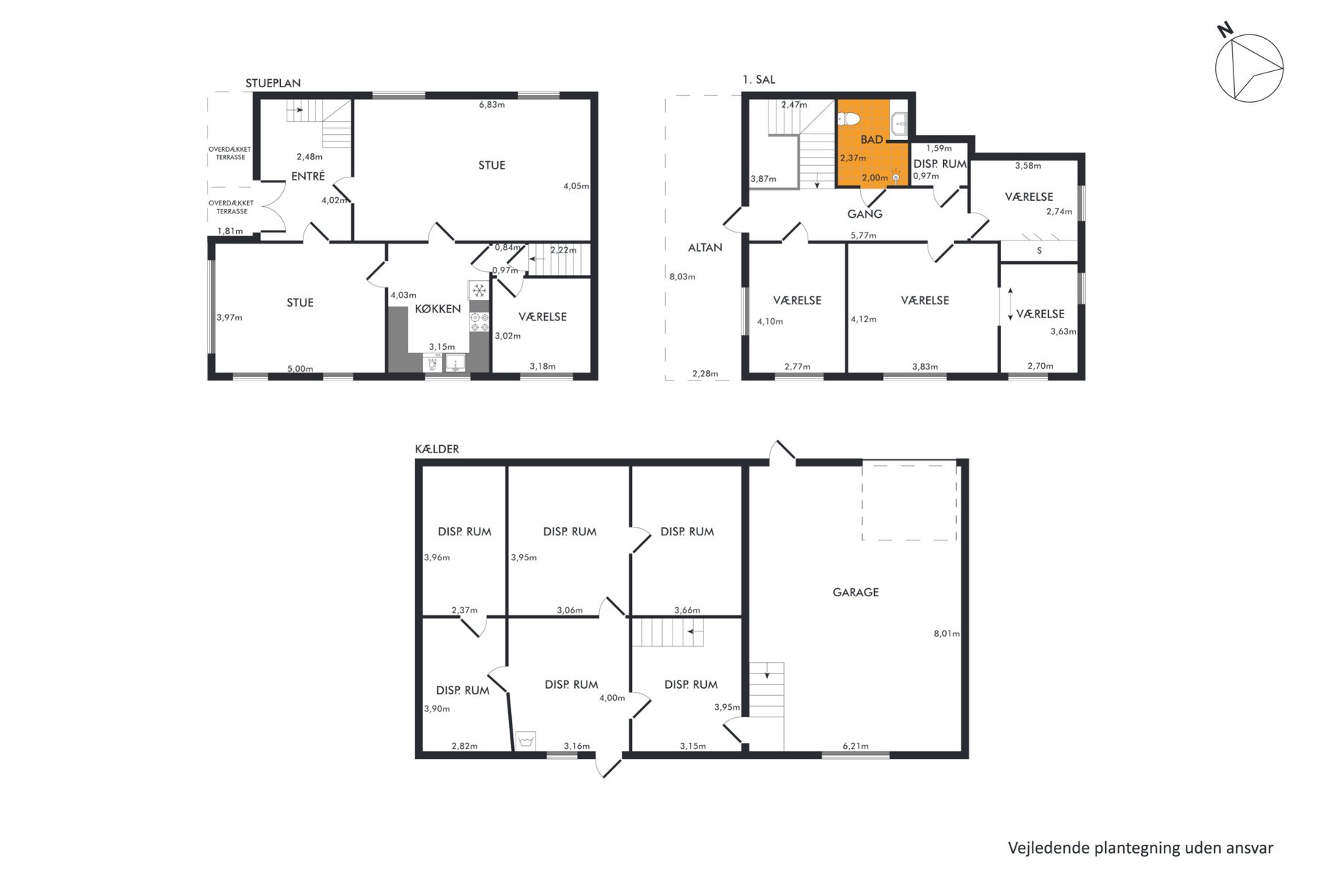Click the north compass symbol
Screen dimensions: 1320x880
1249,67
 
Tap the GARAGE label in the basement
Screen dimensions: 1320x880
855,592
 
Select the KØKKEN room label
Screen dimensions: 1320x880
438,309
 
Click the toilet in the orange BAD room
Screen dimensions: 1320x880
850,118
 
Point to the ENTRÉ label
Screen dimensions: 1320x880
308,176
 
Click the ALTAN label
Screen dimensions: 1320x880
705,247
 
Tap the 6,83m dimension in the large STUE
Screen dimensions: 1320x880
491,105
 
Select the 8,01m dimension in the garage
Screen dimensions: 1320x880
947,634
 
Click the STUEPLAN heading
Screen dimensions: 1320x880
273,83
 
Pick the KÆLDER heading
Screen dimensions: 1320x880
437,449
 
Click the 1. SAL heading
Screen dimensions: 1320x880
759,79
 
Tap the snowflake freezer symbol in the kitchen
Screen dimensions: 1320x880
479,290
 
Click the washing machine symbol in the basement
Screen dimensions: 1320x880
525,741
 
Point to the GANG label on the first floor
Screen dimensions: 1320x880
865,214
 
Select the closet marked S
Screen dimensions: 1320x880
1038,251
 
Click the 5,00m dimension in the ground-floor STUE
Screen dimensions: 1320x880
300,369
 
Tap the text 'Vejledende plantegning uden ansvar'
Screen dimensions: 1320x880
1140,848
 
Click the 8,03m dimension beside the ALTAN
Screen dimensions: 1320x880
682,276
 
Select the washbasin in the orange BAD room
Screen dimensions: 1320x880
899,125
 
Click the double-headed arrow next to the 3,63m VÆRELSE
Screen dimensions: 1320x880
1011,304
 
